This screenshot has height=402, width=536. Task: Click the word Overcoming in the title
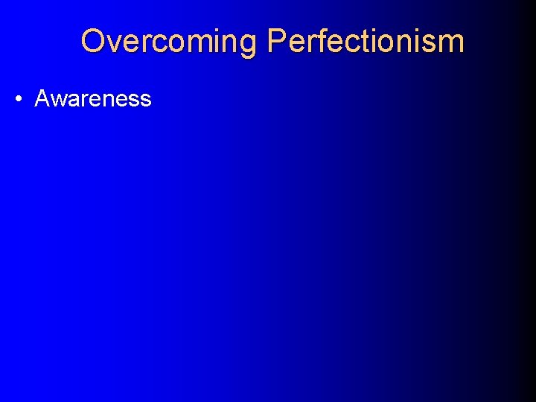coord(169,42)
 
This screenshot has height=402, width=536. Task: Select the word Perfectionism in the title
coord(366,42)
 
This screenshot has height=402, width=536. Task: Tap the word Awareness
coord(93,99)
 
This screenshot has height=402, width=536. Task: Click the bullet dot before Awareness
coord(17,99)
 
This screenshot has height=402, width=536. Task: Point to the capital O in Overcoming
coord(92,41)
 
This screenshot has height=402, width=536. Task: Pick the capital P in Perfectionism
coord(277,41)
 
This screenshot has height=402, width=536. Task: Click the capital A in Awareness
coord(42,99)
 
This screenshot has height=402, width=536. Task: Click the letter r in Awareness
coord(83,100)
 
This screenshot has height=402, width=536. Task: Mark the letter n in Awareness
coord(106,100)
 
